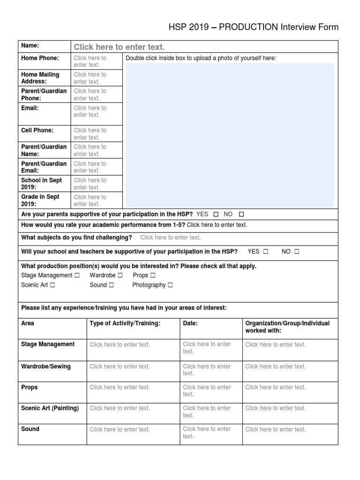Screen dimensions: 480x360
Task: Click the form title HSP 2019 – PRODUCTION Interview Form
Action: [253, 27]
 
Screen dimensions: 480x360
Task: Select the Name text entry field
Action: [119, 47]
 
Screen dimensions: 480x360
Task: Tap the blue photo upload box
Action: [230, 135]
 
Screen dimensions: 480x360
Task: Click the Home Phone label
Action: [40, 58]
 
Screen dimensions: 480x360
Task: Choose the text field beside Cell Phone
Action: [90, 134]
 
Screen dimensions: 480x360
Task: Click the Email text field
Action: [90, 112]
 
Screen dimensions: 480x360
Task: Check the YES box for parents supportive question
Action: [216, 214]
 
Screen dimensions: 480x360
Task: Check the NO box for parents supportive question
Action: [241, 214]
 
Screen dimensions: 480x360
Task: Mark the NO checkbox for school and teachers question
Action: [296, 252]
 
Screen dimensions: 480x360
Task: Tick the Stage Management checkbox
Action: [77, 276]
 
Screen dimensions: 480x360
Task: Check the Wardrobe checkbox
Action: [120, 276]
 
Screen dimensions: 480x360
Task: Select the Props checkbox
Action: [153, 276]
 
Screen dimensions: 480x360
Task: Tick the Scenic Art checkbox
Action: [52, 285]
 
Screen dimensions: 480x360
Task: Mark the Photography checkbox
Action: [170, 285]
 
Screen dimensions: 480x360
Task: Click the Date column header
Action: [190, 323]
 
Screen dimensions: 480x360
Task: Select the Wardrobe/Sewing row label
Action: [46, 367]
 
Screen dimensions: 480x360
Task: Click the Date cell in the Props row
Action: [207, 390]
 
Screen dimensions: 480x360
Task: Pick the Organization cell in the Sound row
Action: [275, 429]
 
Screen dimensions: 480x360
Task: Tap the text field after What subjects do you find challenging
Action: [170, 238]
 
